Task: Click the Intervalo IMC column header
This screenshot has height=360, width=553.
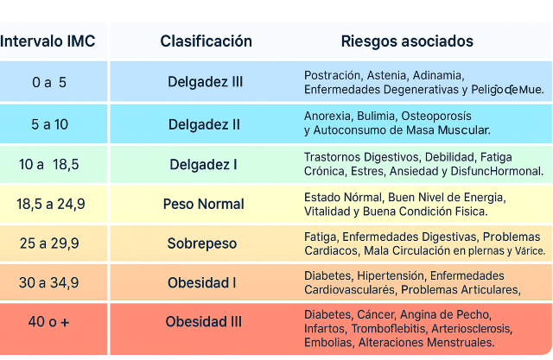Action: pos(48,41)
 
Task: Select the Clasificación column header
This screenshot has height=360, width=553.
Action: pos(206,41)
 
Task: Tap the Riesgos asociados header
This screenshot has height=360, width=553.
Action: pos(407,41)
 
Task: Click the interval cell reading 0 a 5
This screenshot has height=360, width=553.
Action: pos(49,82)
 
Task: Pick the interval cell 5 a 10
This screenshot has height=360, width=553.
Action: pos(49,123)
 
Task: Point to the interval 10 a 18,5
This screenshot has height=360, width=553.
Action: pos(49,164)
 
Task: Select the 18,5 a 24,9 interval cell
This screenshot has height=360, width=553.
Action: pos(50,205)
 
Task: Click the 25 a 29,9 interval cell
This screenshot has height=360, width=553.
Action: pos(49,243)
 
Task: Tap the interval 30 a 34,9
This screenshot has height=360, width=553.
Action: pos(49,282)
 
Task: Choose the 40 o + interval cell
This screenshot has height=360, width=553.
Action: pos(49,322)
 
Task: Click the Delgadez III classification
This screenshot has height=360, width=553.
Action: pos(205,82)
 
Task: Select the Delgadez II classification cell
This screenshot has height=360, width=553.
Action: pos(205,123)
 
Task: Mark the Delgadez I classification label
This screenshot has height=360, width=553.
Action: pos(204,164)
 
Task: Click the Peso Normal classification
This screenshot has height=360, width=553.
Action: pos(204,205)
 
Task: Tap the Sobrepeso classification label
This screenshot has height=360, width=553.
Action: pos(202,243)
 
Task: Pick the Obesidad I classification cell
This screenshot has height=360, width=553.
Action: pos(202,282)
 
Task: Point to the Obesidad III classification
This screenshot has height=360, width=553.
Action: pos(204,322)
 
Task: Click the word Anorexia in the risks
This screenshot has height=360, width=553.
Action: pos(327,116)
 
